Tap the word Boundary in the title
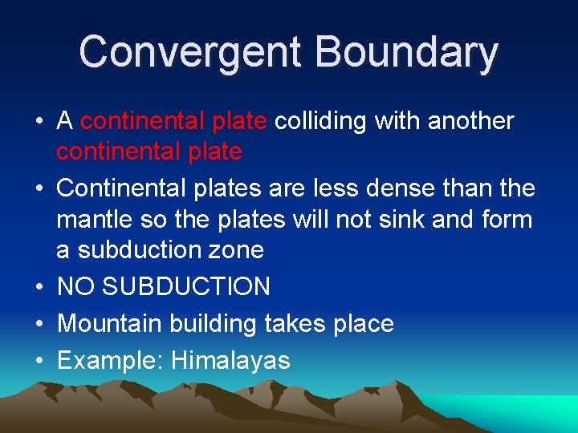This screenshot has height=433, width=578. coord(407,52)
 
